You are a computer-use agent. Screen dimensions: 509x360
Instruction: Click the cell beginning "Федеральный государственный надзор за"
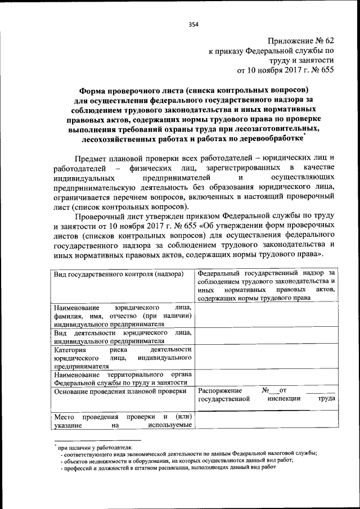(267, 285)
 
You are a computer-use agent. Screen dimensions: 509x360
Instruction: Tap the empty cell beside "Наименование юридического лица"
(267, 316)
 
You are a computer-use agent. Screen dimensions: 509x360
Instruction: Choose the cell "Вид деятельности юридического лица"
(123, 337)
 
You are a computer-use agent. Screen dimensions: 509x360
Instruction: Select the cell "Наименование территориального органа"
(123, 378)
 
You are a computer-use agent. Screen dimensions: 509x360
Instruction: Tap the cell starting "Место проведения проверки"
(123, 421)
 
